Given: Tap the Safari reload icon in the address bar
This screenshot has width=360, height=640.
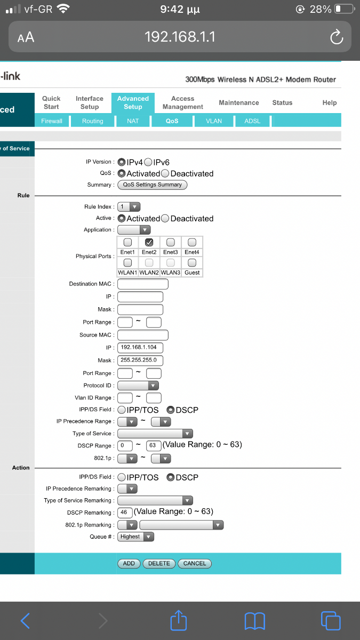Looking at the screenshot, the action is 337,37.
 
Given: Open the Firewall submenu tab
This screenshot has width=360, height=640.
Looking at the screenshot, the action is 52,121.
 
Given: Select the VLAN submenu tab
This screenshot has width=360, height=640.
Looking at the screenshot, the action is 214,121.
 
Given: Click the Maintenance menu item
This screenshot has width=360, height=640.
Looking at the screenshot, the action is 239,102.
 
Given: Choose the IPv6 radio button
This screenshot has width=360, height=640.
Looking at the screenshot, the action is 148,162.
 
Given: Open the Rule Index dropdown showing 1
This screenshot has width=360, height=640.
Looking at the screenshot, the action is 129,206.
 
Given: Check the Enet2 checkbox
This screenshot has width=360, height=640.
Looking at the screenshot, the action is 149,242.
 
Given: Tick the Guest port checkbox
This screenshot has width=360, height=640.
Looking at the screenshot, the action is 192,262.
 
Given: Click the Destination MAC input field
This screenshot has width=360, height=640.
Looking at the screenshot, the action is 143,284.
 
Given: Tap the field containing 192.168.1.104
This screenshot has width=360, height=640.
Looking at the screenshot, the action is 140,347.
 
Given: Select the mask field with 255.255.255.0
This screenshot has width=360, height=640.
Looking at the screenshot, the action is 140,361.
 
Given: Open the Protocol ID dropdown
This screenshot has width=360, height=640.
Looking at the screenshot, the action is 138,386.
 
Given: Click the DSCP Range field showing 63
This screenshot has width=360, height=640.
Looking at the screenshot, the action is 154,445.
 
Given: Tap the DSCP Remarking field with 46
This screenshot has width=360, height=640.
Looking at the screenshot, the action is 125,513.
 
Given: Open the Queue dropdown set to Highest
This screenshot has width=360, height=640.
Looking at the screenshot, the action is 135,537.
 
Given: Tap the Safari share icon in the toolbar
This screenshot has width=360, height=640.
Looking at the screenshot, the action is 179,620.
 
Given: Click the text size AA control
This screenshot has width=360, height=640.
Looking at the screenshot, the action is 26,37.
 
